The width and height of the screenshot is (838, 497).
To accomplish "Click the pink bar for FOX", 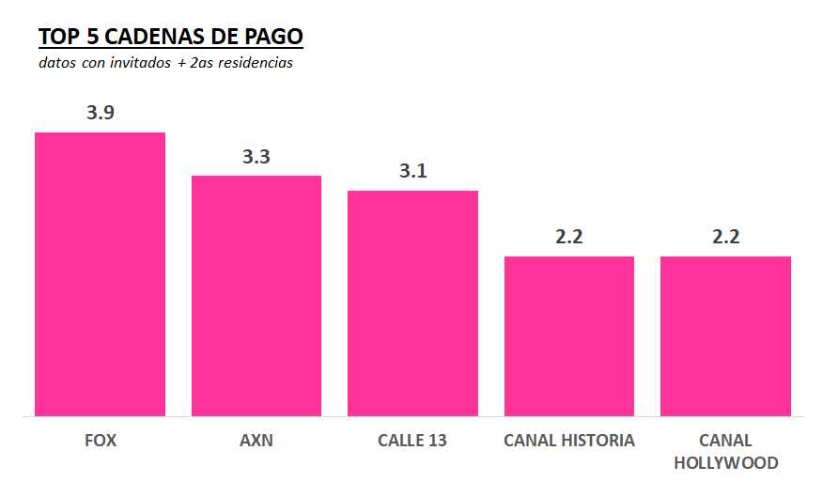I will [100, 274].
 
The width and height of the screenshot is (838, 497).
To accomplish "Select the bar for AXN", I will [256, 296].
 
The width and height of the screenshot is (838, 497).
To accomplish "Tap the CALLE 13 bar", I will [412, 303].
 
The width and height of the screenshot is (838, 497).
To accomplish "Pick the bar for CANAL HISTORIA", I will [569, 336].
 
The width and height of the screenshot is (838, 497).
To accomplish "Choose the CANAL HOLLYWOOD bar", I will [725, 336].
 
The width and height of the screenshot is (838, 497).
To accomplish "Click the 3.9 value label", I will [101, 113].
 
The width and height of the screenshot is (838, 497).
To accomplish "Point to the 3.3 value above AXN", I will [256, 157].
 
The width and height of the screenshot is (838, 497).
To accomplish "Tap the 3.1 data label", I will [413, 171].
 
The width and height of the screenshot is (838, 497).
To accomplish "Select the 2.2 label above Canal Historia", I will [569, 237].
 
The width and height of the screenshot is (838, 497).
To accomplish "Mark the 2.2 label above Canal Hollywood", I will [725, 237].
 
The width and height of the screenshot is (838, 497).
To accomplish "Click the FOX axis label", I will [101, 441].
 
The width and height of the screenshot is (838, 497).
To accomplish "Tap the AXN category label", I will [256, 441].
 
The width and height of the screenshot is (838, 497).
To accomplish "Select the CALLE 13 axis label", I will [412, 441].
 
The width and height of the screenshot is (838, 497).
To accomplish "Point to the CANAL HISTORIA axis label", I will [569, 441].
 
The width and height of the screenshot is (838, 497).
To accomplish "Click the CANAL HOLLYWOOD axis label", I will [725, 452].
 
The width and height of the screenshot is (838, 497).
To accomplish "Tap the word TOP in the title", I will [58, 37].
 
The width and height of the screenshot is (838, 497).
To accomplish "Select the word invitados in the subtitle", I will [140, 64].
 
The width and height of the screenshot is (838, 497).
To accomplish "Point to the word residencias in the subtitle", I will [254, 64].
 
